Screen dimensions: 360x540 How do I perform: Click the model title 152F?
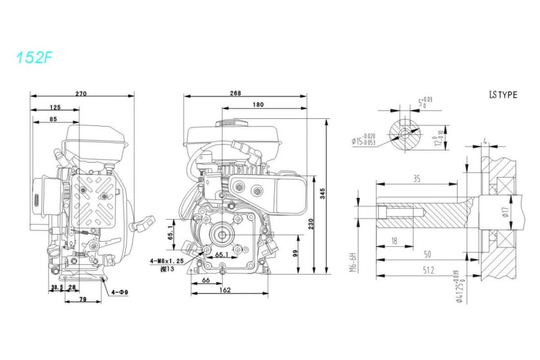click(x=34, y=57)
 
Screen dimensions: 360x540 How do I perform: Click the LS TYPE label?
click(x=503, y=94)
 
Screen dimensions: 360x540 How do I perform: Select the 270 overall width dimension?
click(x=81, y=94)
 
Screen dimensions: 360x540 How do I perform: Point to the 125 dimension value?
click(x=55, y=107)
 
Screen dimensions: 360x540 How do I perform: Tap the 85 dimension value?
click(x=53, y=119)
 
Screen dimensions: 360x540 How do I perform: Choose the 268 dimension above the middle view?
click(x=235, y=93)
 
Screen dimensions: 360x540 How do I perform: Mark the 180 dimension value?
click(x=258, y=104)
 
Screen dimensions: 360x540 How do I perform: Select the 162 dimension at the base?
click(x=224, y=291)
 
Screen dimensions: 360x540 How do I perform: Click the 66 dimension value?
click(x=206, y=280)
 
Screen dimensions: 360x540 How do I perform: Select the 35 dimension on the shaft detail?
click(x=417, y=179)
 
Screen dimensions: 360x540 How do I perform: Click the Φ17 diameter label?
click(x=509, y=213)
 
